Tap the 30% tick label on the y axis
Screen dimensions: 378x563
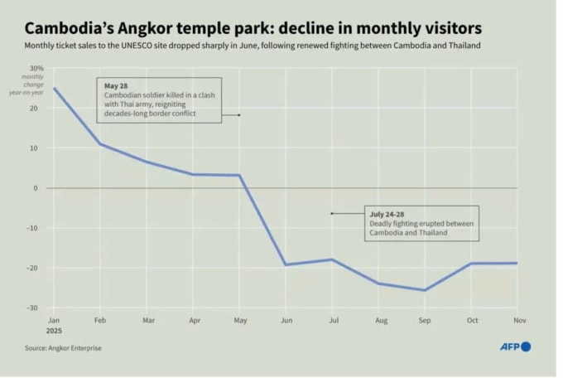click(36, 68)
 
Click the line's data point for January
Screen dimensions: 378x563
click(55, 88)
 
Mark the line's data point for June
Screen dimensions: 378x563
click(286, 264)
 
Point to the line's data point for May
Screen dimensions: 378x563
click(240, 176)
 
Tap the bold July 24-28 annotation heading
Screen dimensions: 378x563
click(387, 215)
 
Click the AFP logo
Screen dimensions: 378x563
click(514, 346)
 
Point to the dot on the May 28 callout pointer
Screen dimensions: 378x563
click(239, 115)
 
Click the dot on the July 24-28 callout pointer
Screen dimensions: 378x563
click(332, 214)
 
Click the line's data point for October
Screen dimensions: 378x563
click(471, 264)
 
